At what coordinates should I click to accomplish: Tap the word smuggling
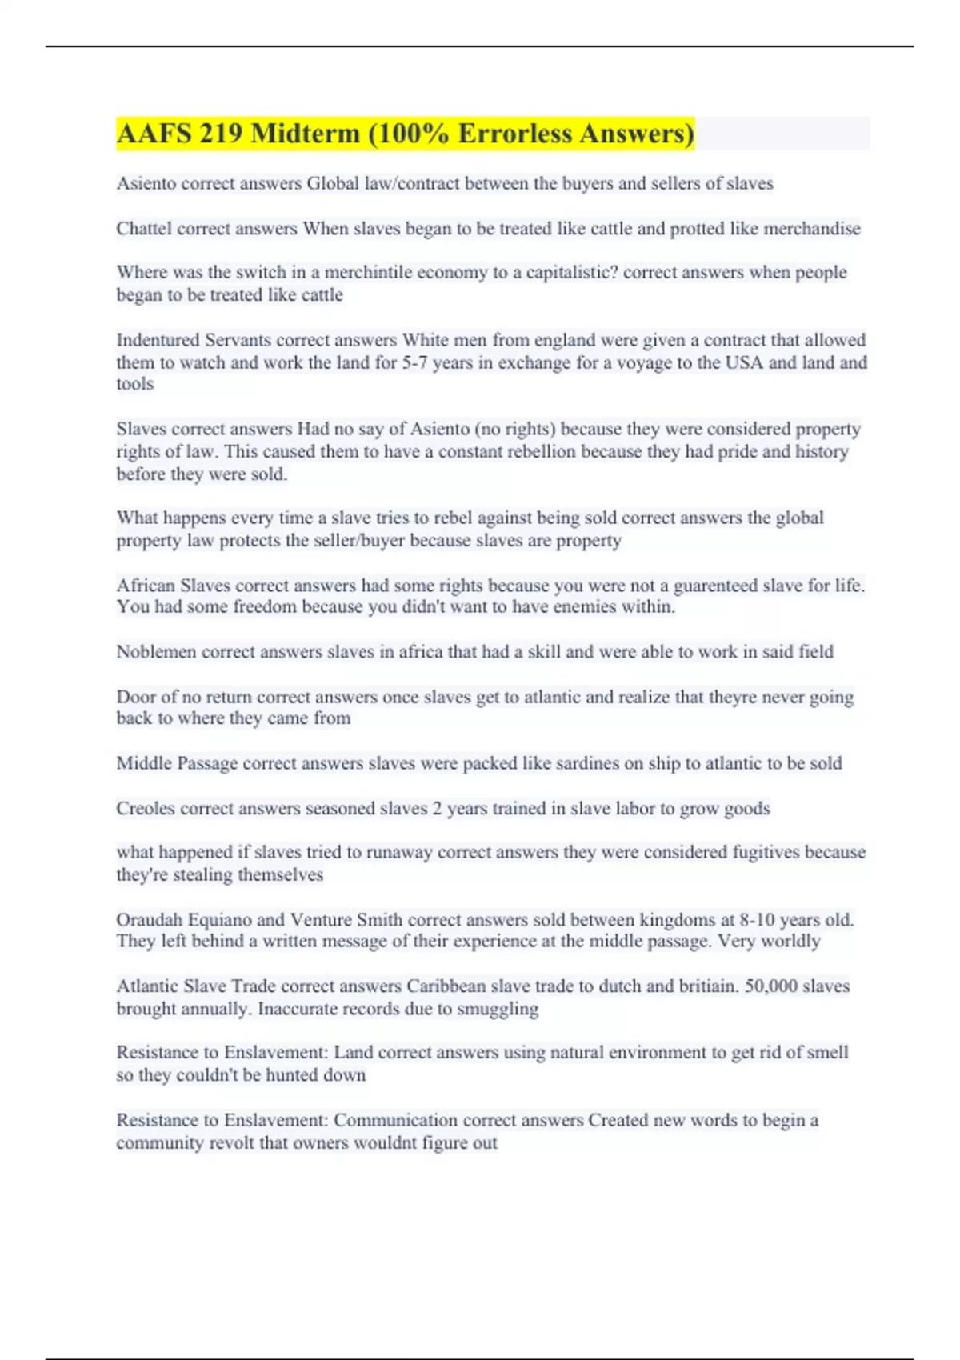click(x=498, y=1009)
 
